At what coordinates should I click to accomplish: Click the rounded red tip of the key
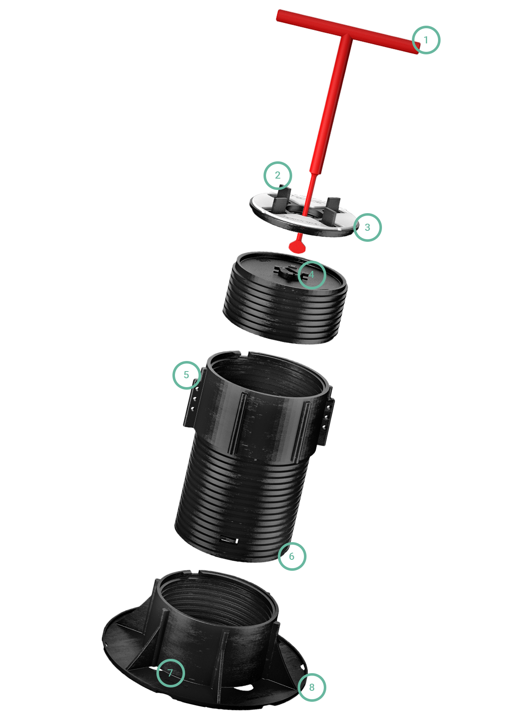pos(297,247)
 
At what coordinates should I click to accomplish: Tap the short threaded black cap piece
pos(285,298)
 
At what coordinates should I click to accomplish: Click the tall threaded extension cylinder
pos(255,458)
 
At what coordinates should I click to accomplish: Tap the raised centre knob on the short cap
pos(288,271)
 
